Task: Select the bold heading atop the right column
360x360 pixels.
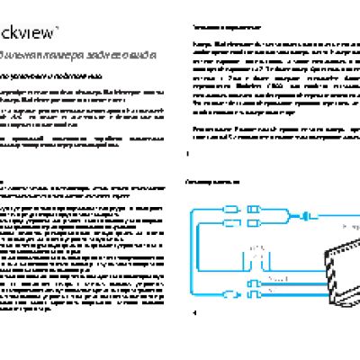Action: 216,28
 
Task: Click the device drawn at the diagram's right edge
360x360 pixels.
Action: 319,261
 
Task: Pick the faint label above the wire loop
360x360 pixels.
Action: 256,244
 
